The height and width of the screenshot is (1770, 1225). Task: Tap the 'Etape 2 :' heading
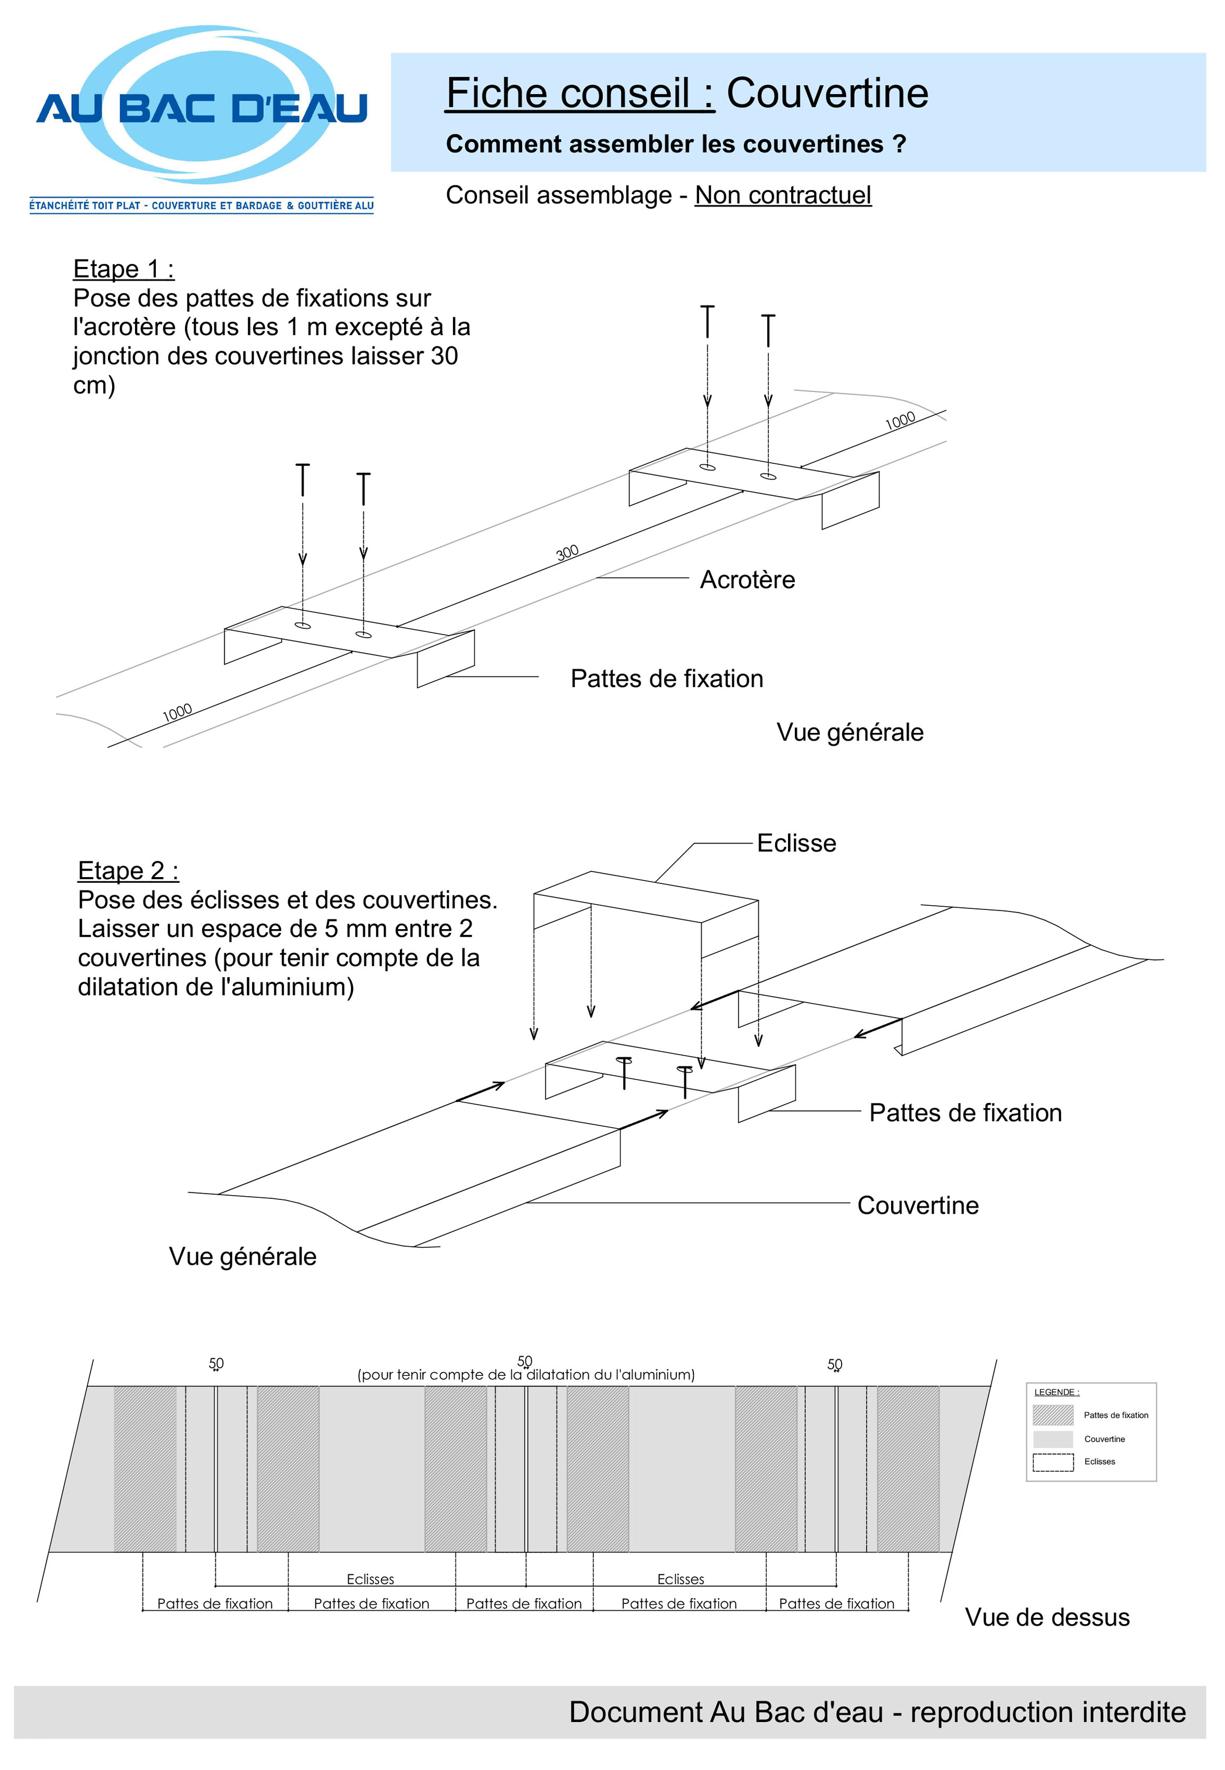128,871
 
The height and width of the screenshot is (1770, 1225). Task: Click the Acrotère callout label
747,580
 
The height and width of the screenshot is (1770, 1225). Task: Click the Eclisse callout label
796,843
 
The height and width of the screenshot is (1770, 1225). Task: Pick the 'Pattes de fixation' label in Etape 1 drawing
666,679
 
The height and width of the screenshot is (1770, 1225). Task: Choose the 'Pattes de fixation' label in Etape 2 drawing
965,1113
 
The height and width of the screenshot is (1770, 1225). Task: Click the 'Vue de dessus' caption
1047,1617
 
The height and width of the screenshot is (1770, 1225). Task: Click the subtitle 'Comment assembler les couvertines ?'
675,144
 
